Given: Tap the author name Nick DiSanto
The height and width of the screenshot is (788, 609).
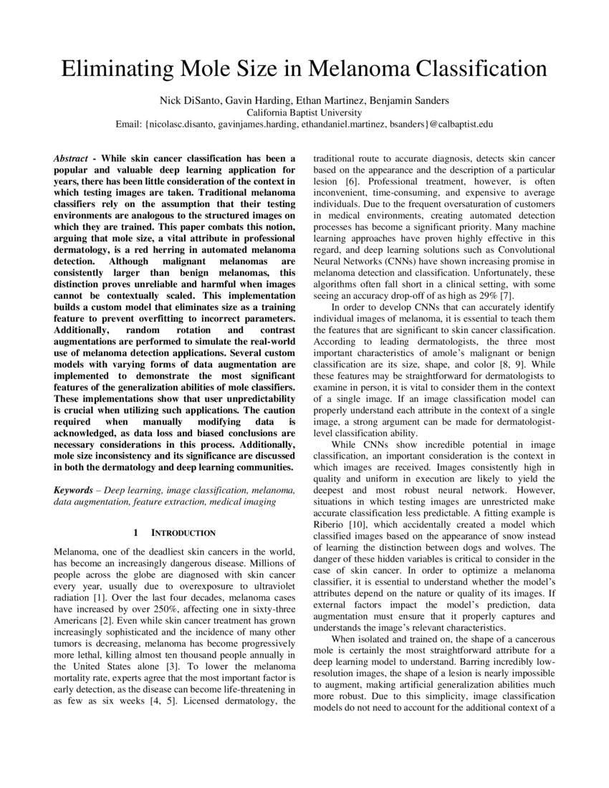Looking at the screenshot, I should point(188,100).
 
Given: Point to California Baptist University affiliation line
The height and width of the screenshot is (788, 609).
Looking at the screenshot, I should point(304,112).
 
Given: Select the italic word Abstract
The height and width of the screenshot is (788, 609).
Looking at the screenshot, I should point(75,158).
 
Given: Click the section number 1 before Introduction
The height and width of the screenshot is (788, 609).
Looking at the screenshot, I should point(135,533).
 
